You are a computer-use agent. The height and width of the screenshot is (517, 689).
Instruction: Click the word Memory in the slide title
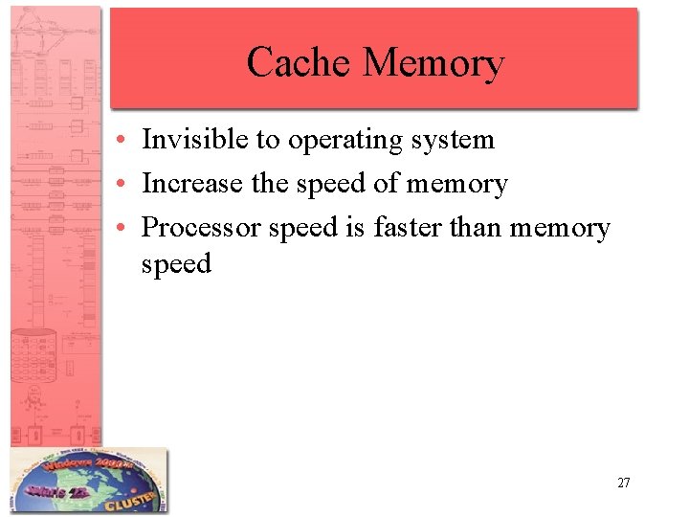(433, 64)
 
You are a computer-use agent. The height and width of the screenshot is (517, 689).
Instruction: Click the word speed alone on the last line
(176, 264)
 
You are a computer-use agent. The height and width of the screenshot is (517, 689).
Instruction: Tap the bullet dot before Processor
(126, 229)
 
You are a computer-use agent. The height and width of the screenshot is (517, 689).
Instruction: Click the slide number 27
(623, 483)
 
